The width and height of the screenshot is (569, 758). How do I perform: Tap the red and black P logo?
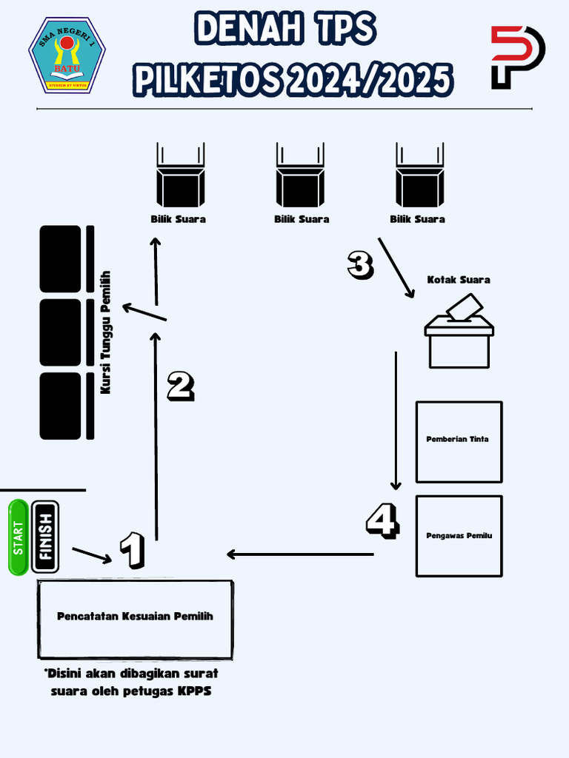coord(518,57)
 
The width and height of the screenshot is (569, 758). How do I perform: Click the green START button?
coord(19,537)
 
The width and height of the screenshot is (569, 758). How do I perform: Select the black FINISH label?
coord(46,537)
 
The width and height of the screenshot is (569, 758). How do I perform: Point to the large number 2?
coord(180,386)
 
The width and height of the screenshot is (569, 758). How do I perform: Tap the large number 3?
coord(360,265)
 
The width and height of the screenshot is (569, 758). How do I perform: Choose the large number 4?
coord(382,520)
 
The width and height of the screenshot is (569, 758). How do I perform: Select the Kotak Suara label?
coord(458,280)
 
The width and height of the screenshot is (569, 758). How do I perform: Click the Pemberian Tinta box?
coord(459,441)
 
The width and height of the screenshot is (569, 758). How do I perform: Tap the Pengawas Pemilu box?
coord(459,535)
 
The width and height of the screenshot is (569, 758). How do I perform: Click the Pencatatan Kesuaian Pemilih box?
coord(136,619)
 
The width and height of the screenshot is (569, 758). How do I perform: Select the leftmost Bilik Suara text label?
coord(178,219)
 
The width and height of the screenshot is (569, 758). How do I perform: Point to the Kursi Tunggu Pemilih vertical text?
coord(105,331)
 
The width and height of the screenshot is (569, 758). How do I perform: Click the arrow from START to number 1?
coord(92,554)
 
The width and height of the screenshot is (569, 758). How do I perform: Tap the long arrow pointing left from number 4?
coord(300,554)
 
